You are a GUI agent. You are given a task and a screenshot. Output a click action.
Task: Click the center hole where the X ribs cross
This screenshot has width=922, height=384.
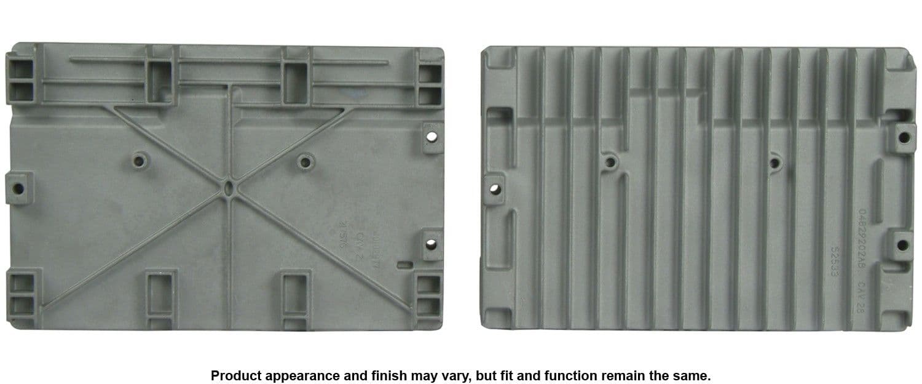(229, 186)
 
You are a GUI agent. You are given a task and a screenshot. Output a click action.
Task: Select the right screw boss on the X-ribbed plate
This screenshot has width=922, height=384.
(304, 162)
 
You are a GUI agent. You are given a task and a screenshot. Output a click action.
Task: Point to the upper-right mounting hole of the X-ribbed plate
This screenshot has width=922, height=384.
(432, 135)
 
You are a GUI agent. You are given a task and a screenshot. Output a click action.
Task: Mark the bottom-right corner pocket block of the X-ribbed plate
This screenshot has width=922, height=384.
(429, 294)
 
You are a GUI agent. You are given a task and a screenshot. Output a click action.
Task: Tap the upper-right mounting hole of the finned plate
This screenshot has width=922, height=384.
(902, 137)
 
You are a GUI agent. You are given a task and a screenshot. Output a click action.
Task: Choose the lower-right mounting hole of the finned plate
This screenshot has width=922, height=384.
(902, 245)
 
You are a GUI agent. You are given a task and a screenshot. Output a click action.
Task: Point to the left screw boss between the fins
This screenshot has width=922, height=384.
(609, 162)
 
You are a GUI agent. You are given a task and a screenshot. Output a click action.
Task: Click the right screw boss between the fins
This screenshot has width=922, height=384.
(774, 162)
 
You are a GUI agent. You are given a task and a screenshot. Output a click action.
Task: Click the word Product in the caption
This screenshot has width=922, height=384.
(232, 375)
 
